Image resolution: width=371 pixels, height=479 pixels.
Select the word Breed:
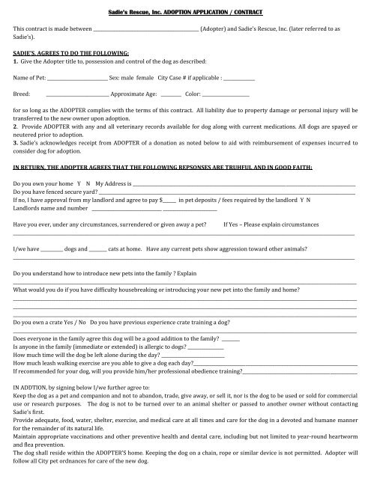pyautogui.click(x=22, y=95)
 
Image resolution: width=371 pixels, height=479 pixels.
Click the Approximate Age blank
pyautogui.click(x=171, y=95)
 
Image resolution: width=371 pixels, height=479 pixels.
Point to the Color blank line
pyautogui.click(x=226, y=95)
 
